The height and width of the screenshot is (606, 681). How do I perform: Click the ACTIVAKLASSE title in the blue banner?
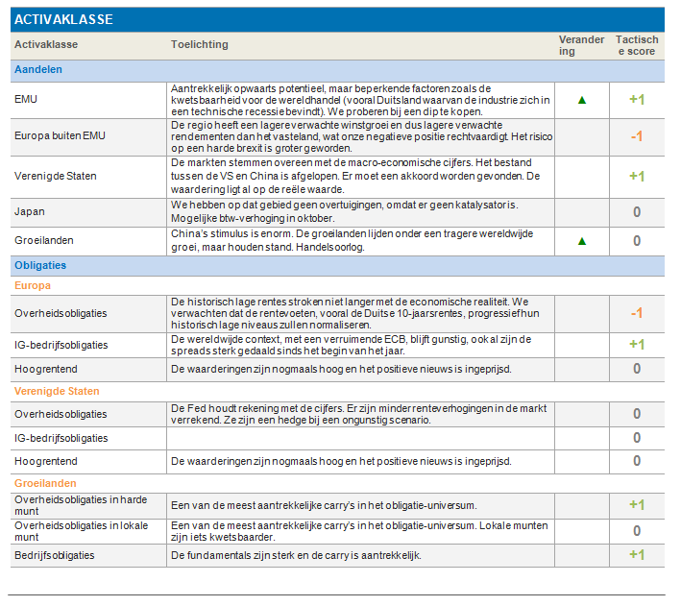click(x=63, y=19)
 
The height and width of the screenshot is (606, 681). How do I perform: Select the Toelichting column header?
click(x=200, y=44)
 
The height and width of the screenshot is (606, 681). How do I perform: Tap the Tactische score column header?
click(x=637, y=45)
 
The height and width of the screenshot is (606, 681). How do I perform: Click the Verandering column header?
click(x=581, y=45)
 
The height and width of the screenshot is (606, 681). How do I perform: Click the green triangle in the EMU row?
click(x=582, y=100)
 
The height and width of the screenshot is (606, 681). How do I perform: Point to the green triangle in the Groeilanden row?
click(x=582, y=241)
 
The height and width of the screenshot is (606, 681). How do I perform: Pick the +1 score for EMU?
click(x=637, y=100)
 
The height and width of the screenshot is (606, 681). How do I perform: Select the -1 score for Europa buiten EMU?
click(x=637, y=136)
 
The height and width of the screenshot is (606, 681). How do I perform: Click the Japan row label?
click(x=30, y=211)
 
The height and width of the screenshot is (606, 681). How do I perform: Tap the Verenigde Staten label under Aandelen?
click(x=56, y=176)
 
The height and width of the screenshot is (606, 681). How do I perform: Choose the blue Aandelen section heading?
click(x=38, y=69)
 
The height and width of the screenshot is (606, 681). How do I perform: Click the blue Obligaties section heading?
click(x=40, y=265)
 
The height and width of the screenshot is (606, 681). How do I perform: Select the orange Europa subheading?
click(x=33, y=285)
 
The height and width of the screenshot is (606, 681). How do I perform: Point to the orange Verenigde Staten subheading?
click(x=57, y=391)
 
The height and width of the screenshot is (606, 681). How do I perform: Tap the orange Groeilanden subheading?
click(x=45, y=483)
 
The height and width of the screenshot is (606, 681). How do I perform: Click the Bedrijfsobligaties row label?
click(x=55, y=555)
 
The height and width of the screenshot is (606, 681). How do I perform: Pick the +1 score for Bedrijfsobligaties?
click(x=637, y=555)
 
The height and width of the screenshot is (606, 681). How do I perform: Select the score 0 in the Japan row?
click(x=637, y=212)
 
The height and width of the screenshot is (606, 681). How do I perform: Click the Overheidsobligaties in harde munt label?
click(x=81, y=505)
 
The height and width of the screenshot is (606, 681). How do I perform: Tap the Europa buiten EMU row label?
click(x=60, y=136)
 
